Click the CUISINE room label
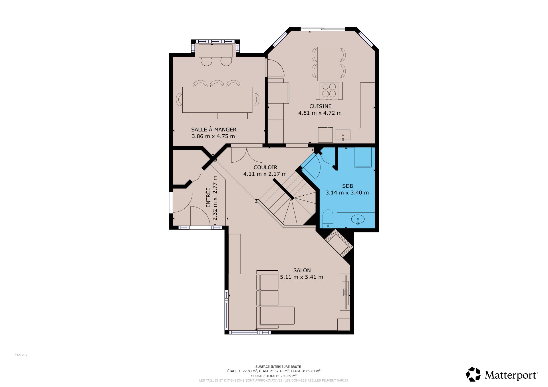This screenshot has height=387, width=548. pos(320,106)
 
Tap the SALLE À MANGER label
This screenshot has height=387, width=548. pos(214,129)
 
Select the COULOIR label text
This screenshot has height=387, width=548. pos(265,167)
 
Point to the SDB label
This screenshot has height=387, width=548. pos(348,186)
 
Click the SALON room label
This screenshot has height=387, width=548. pos(302,270)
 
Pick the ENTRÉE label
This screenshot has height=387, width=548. pos(208,197)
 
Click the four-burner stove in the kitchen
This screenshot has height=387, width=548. pos(329,91)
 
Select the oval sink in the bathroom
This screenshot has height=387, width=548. pos(358,219)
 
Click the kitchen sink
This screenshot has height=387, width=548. pos(343,135)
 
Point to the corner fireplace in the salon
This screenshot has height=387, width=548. pos(339,243)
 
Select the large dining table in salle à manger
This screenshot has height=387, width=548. pos(217,100)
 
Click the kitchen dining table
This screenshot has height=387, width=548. pos(329,64)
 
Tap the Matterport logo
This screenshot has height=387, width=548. pos(502,374)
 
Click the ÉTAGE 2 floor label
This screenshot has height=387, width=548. pos(21,355)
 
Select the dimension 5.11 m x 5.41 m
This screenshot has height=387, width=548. pos(302,277)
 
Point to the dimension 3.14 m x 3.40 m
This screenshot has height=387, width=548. pos(347,193)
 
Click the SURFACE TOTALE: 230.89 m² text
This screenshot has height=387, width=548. pos(274,376)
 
